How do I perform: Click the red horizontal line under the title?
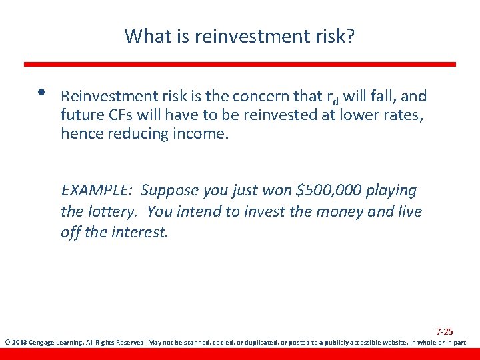click(x=240, y=64)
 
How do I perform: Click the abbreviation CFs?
click(x=119, y=115)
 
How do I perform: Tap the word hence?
click(x=81, y=133)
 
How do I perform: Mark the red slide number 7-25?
click(x=445, y=331)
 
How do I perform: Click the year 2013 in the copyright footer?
click(x=20, y=343)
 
